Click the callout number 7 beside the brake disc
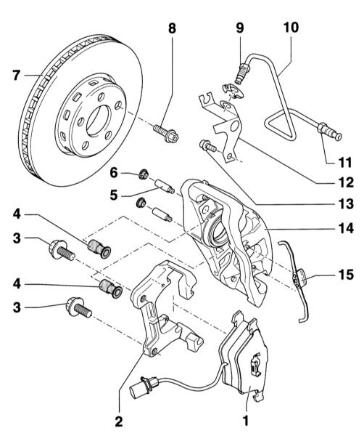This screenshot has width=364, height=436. pos(17,75)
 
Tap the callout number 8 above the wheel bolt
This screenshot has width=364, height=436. pos(172,28)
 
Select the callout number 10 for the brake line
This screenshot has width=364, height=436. pos(291,28)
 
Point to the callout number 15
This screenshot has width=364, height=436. pos(346,274)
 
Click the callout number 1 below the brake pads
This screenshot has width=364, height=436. pos(246,421)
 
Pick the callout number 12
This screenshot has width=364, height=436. pos(346,182)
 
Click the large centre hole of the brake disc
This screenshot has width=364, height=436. pos(99,121)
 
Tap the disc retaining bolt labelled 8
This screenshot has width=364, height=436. pos(165,133)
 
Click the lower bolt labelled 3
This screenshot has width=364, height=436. pos(79,307)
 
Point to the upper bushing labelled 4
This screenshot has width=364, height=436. pos(99,249)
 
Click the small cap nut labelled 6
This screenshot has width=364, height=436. pos(143,174)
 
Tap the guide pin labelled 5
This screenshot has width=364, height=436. pos(164,186)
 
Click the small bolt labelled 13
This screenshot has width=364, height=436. pos(208,146)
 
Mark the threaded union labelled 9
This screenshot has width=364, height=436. pos(242,73)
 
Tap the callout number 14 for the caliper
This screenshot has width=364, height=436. pos(346,228)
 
